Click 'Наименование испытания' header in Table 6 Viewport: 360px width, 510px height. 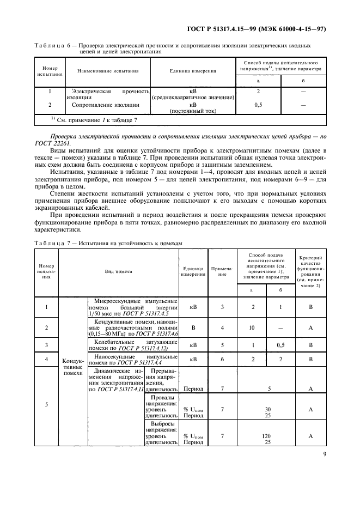pos(108,71)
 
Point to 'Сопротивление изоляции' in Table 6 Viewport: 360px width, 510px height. pos(108,105)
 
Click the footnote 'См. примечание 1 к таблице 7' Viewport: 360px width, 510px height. pos(95,120)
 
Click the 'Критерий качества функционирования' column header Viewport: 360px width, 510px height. pos(310,271)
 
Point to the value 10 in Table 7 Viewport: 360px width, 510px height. pos(252,327)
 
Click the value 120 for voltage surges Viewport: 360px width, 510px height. pos(267,436)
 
